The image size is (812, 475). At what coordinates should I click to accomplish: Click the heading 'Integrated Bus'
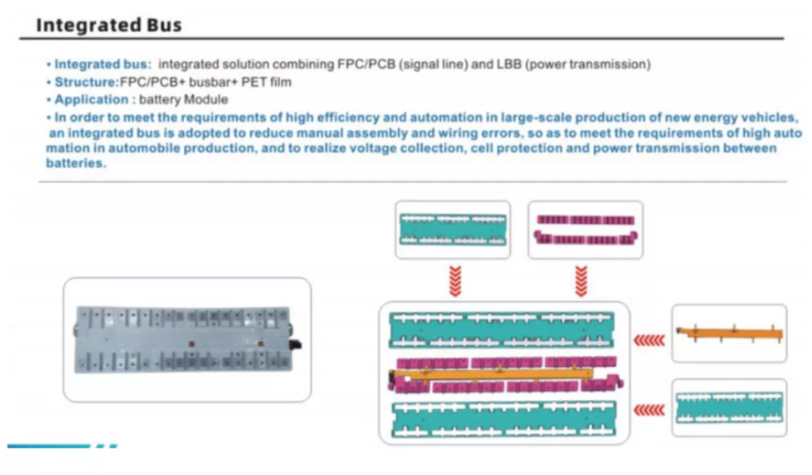pyautogui.click(x=109, y=24)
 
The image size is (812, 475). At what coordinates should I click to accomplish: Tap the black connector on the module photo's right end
pyautogui.click(x=297, y=346)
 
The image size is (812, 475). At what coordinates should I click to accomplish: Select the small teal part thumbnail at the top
pyautogui.click(x=453, y=230)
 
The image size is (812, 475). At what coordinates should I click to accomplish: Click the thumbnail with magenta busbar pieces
pyautogui.click(x=584, y=230)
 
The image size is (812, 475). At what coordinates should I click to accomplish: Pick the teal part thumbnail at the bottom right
pyautogui.click(x=729, y=407)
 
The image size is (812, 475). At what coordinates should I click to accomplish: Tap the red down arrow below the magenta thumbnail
pyautogui.click(x=581, y=281)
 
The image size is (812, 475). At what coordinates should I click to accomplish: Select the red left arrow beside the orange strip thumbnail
pyautogui.click(x=649, y=340)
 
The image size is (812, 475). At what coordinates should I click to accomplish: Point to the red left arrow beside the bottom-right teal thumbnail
pyautogui.click(x=649, y=409)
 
